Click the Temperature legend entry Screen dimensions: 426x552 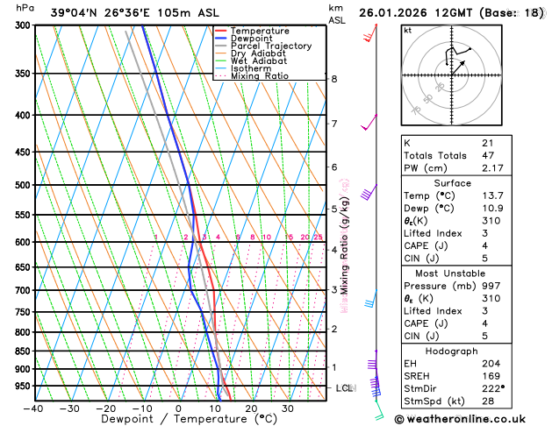(x=260, y=31)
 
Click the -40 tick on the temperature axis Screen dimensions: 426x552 (x=33, y=408)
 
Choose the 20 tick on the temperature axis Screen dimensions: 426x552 (x=251, y=408)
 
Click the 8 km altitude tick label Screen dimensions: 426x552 (x=333, y=79)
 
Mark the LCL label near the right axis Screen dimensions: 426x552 (x=345, y=387)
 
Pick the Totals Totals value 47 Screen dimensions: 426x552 (x=488, y=155)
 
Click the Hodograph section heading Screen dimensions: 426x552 (x=451, y=351)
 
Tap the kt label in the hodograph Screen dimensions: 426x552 (x=407, y=31)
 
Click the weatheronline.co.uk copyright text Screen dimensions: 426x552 (x=471, y=418)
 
